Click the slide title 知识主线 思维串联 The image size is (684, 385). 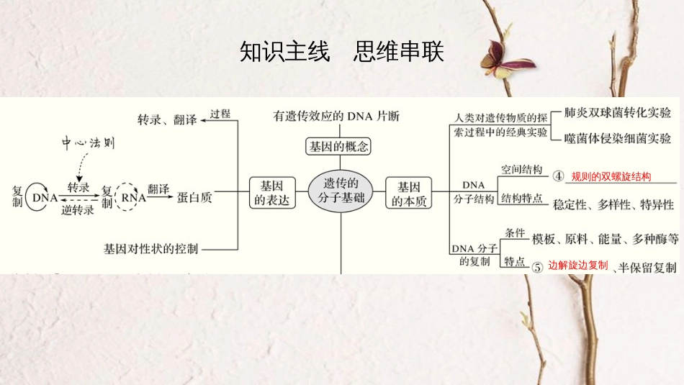pyautogui.click(x=341, y=53)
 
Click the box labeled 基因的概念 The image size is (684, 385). pyautogui.click(x=338, y=147)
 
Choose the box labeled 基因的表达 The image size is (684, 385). pyautogui.click(x=274, y=193)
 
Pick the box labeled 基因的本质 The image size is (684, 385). pyautogui.click(x=409, y=193)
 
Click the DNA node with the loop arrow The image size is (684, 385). pyautogui.click(x=45, y=196)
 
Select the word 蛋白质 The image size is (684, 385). pyautogui.click(x=194, y=196)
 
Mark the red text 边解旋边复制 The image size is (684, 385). pyautogui.click(x=578, y=265)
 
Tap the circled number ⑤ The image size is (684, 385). pyautogui.click(x=537, y=266)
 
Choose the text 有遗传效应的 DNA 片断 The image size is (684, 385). pyautogui.click(x=336, y=116)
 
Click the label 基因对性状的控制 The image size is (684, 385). pyautogui.click(x=150, y=249)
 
